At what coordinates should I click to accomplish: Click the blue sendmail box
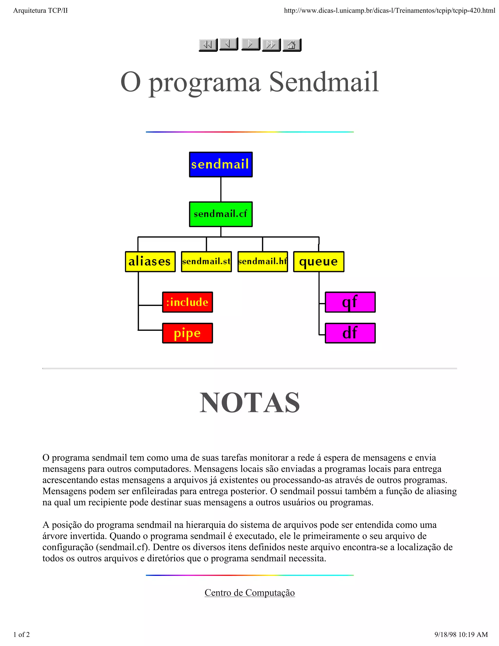221,165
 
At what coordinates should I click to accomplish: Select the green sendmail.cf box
221,214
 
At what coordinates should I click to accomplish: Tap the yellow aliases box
150,262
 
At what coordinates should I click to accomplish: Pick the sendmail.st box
206,262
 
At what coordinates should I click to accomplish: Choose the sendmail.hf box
262,262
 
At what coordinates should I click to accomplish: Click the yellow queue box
318,262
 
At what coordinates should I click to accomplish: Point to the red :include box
187,302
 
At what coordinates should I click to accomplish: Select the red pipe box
187,333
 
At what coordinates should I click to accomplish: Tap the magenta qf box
350,302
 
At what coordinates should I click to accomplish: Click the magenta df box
350,333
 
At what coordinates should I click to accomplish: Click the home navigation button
291,45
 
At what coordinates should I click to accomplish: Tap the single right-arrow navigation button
250,44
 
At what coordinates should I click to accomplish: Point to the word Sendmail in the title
324,82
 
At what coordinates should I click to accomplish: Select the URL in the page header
389,11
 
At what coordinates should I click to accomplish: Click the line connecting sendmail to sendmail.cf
221,189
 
